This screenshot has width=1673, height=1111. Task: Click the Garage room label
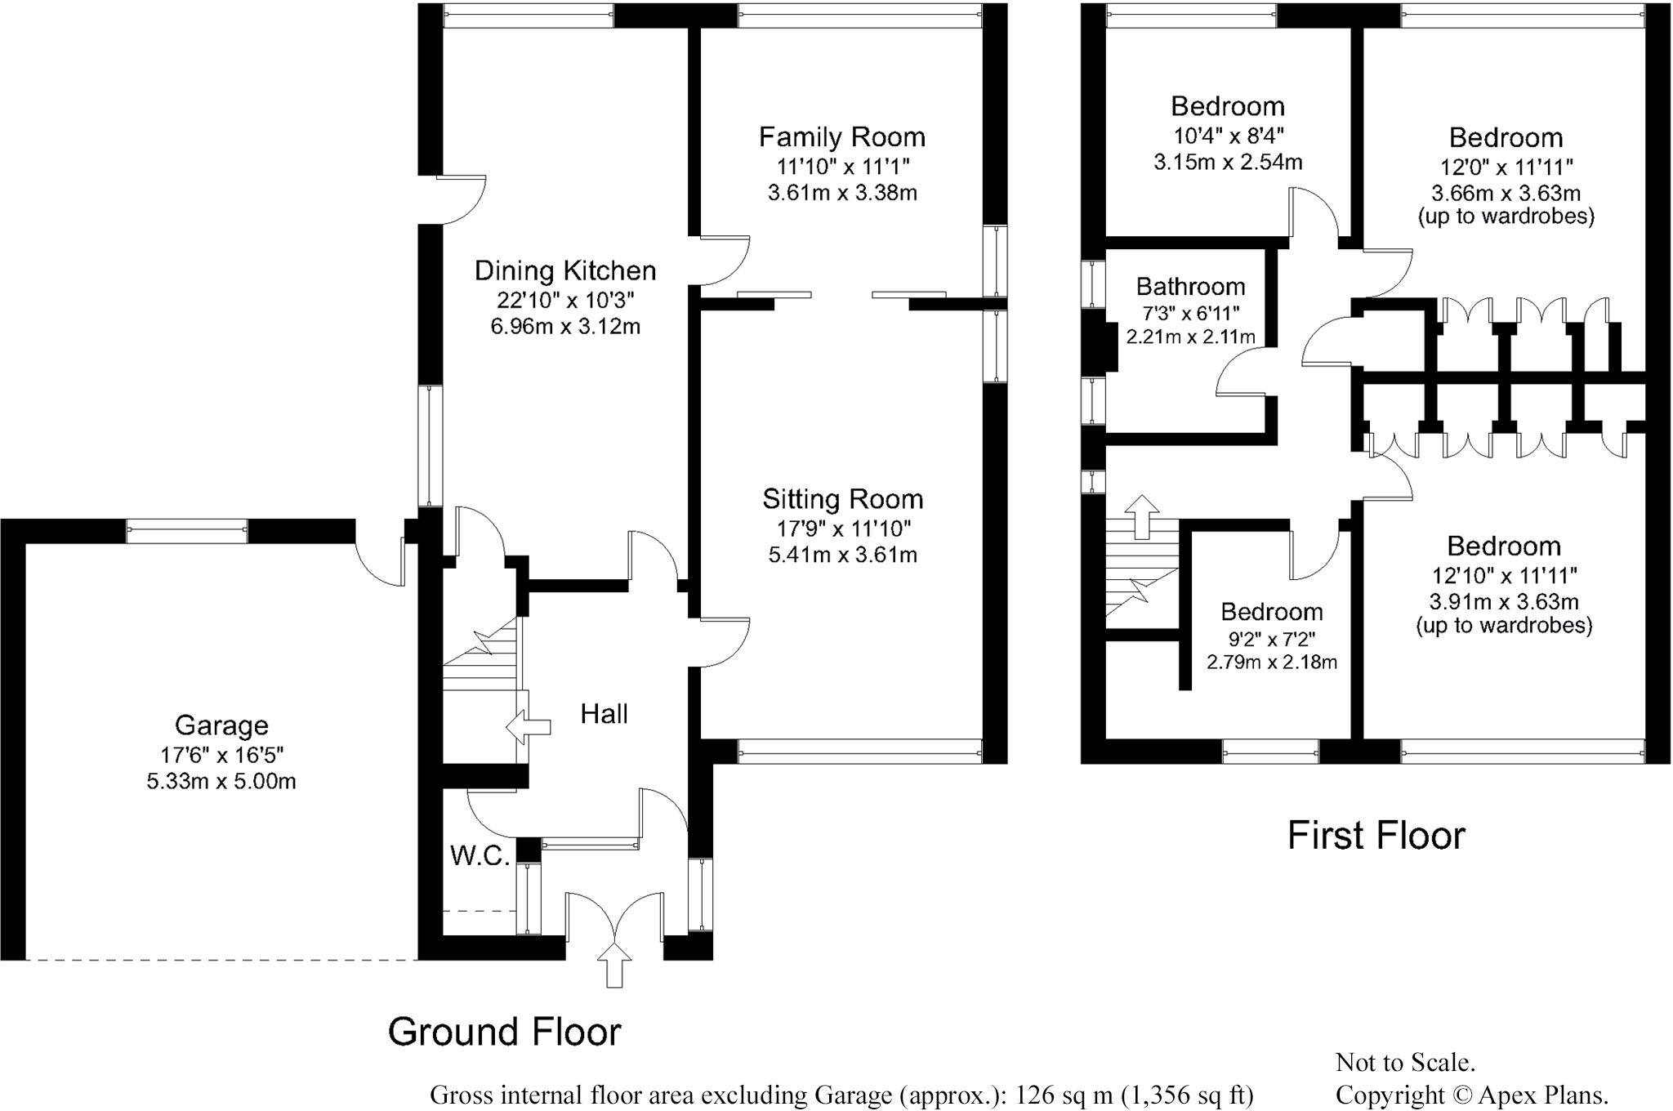tap(221, 725)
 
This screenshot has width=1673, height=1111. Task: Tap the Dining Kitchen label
tap(565, 270)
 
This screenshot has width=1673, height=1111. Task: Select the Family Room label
tap(842, 136)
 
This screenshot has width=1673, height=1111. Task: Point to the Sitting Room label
tap(842, 499)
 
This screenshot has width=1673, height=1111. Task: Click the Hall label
tap(604, 714)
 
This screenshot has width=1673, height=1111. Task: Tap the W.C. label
tap(480, 855)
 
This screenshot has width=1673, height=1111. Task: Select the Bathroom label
tap(1190, 287)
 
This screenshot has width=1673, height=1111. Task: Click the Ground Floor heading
tap(504, 1032)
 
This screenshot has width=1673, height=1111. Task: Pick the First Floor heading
tap(1376, 836)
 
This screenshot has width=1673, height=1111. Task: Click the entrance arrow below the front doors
tap(615, 966)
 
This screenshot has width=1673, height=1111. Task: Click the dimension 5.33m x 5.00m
tap(221, 782)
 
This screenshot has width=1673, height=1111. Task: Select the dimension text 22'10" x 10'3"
tap(565, 299)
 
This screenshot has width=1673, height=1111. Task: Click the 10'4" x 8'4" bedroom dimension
tap(1228, 136)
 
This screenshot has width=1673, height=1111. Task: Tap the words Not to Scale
tap(1405, 1062)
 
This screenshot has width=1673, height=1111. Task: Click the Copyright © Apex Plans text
tap(1472, 1094)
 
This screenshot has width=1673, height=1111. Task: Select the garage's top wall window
tap(187, 531)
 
